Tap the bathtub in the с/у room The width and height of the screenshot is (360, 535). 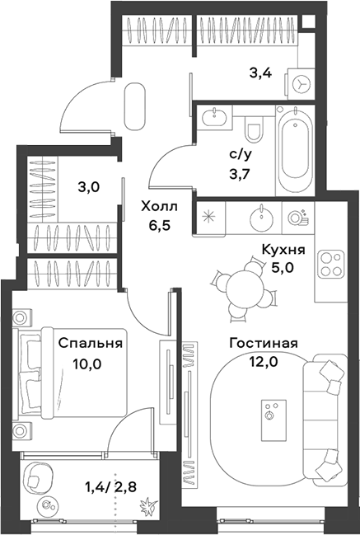[295, 151]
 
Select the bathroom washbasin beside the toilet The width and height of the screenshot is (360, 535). [215, 118]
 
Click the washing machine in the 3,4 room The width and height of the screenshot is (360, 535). [301, 84]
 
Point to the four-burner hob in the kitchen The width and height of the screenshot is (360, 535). [330, 264]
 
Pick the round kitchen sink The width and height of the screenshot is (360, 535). [261, 218]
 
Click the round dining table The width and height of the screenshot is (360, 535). [245, 289]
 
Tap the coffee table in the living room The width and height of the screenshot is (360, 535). [274, 420]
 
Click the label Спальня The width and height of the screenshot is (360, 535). [91, 343]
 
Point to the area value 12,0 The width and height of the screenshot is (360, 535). [263, 361]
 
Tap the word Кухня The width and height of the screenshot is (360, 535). [283, 250]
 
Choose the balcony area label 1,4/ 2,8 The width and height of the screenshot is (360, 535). [111, 487]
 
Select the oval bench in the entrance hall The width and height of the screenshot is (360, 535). [135, 106]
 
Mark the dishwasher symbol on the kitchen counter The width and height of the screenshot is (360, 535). [297, 218]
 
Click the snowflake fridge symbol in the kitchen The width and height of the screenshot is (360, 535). [208, 218]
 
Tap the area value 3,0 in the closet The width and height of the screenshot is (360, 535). [89, 187]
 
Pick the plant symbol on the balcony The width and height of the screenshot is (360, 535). [149, 507]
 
